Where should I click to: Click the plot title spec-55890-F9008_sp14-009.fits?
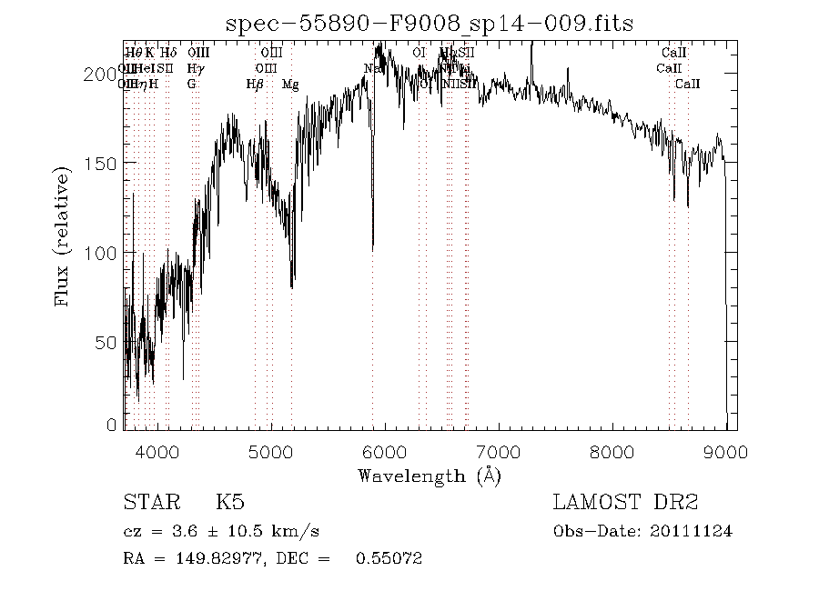pos(430,22)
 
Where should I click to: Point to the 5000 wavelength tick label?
pos(272,452)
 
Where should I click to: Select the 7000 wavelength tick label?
pos(499,452)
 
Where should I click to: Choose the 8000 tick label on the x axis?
pos(612,452)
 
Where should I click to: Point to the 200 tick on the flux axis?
pos(106,74)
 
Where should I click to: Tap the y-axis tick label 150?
pos(106,163)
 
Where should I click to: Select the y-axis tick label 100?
pos(106,252)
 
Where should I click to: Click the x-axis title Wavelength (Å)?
pos(430,475)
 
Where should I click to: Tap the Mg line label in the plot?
pos(290,85)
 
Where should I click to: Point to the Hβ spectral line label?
pos(255,85)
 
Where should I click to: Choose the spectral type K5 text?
pos(229,502)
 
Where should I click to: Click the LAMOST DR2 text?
pos(625,502)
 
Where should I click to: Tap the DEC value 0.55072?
pos(392,557)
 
